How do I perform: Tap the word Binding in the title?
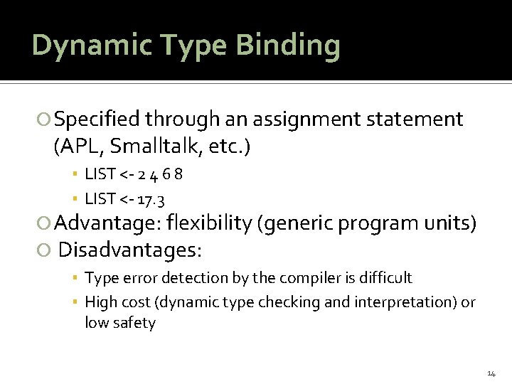click(289, 46)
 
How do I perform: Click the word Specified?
click(98, 119)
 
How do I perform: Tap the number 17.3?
click(151, 198)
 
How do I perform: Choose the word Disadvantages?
click(130, 250)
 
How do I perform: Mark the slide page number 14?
click(491, 373)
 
